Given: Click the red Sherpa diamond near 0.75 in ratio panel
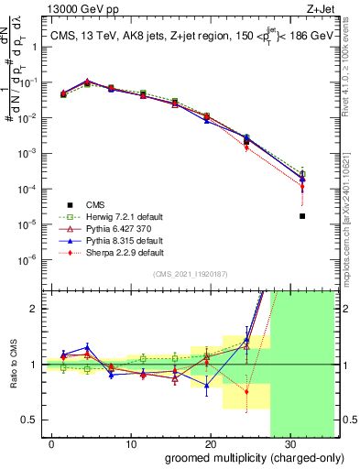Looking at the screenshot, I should pos(246,391).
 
